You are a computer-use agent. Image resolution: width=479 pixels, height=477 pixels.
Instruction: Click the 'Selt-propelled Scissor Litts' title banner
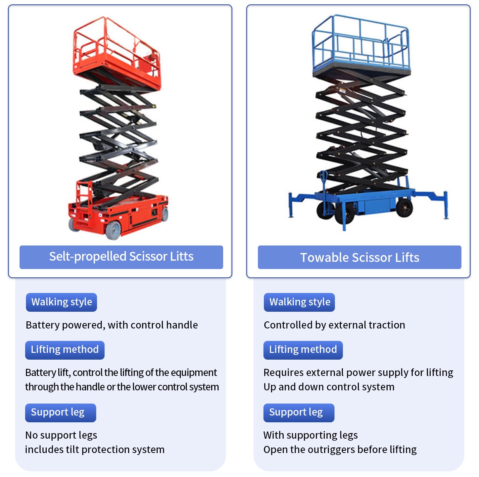121,257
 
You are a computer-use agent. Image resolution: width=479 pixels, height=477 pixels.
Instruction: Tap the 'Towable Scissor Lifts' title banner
359,257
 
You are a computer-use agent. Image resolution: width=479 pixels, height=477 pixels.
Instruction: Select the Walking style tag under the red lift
61,302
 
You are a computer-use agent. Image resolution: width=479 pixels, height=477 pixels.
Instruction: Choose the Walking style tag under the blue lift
299,302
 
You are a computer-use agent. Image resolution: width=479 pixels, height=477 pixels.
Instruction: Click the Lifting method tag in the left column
65,350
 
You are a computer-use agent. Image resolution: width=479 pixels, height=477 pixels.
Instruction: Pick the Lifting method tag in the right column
303,350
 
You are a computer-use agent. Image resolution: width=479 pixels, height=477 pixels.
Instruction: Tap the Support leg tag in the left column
61,413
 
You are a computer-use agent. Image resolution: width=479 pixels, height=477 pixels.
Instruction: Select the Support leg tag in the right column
299,413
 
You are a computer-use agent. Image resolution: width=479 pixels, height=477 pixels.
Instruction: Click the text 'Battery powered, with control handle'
112,325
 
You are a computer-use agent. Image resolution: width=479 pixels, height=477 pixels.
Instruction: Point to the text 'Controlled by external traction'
335,325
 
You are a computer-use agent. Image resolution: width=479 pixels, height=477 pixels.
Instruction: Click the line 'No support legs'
61,435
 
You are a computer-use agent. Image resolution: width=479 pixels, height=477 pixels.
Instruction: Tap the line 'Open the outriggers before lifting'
340,449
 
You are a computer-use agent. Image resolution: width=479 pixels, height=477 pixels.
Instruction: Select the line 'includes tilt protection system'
95,449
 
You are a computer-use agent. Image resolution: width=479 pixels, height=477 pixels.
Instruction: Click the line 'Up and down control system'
329,387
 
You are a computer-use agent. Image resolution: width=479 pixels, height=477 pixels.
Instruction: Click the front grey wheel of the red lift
113,230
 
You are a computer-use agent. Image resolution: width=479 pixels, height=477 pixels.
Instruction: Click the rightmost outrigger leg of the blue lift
445,205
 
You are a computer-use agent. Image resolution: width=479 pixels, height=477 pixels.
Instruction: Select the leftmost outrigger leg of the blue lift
291,205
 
